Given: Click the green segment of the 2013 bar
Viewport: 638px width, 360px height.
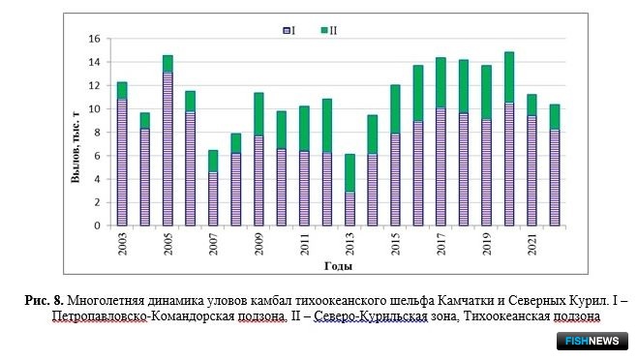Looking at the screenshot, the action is tap(349, 173).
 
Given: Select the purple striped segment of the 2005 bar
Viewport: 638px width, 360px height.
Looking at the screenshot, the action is tap(167, 149).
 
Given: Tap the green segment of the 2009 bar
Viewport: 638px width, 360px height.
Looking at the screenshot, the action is tap(258, 114).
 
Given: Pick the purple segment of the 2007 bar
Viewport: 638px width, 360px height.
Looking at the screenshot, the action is tap(213, 199).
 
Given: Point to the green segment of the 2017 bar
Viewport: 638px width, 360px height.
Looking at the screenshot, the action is tap(441, 83).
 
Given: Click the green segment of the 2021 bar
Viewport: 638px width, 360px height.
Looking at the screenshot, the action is tap(532, 105).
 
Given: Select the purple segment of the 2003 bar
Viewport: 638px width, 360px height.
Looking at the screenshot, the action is tap(122, 163).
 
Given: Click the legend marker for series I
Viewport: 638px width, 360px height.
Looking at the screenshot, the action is tap(287, 31).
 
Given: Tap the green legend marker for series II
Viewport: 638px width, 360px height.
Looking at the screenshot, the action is tap(324, 30).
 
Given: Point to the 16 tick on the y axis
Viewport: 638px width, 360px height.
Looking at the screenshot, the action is tap(95, 39).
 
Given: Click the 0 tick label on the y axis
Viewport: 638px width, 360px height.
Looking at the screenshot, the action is tap(97, 225).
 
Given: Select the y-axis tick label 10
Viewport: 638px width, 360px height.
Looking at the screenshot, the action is tap(95, 109).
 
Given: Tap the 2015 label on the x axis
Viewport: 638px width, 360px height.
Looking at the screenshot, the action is tap(396, 244).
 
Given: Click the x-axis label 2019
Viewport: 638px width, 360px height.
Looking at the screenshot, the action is tap(487, 244).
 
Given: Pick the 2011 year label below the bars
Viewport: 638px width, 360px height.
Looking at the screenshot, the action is tap(304, 244).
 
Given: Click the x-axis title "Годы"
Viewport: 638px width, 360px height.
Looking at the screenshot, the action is tap(338, 266).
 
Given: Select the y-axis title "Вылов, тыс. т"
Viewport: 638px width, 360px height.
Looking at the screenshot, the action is tap(76, 147).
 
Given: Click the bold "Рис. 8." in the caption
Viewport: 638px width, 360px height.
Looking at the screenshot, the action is tap(44, 301).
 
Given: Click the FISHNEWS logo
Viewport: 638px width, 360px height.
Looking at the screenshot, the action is tap(592, 341).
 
